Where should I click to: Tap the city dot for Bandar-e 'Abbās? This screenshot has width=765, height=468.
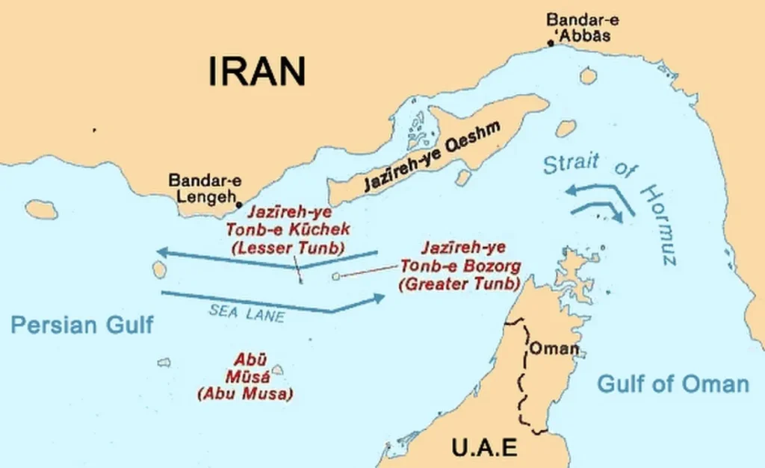(x=551, y=44)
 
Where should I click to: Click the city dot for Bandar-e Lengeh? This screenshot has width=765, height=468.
(x=239, y=203)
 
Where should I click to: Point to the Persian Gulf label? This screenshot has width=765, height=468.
(x=82, y=325)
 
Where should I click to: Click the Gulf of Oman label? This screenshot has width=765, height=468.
(x=672, y=384)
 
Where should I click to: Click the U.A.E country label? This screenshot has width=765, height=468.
(x=484, y=448)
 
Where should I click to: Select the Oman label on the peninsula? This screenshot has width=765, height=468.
(x=554, y=349)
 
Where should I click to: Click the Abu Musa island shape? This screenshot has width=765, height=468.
(x=277, y=369)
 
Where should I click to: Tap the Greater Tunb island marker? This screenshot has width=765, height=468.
(x=335, y=276)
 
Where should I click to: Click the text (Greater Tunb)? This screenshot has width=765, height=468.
(x=459, y=284)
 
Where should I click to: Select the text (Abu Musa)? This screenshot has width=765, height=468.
(x=245, y=393)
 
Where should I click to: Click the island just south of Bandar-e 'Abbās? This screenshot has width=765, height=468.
(x=588, y=75)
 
